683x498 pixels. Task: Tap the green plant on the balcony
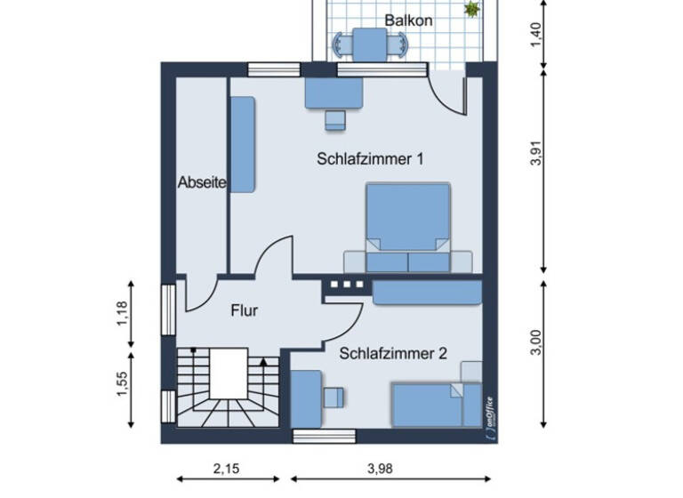(x=471, y=9)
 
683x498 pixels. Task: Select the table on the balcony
(x=369, y=42)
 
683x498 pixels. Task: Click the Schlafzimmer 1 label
(x=369, y=159)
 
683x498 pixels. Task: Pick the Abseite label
(x=202, y=182)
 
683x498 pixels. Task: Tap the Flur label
(x=244, y=311)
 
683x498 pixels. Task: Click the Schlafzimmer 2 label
(x=392, y=353)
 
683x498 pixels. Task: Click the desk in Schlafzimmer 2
(x=306, y=399)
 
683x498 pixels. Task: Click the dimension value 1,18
(x=123, y=314)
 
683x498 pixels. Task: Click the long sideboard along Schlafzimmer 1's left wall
(x=243, y=144)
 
